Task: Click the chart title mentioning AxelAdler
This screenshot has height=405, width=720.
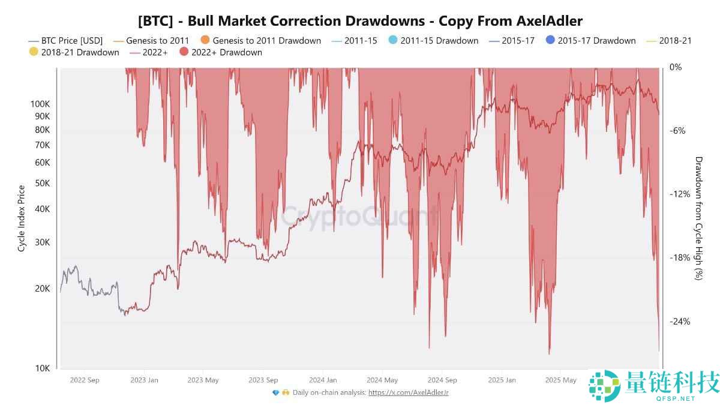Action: [360, 21]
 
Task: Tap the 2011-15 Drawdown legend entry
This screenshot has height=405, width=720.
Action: [439, 41]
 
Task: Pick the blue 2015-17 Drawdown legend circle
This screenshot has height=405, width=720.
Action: [551, 41]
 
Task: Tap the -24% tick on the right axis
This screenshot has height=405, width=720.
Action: [680, 322]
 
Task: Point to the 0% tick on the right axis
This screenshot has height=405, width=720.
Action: [676, 67]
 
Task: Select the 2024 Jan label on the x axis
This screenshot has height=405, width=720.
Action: [323, 380]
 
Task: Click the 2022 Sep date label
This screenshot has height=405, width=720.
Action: [85, 380]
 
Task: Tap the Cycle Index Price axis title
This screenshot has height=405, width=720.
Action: [22, 218]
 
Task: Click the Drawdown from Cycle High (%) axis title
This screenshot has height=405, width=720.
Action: [698, 218]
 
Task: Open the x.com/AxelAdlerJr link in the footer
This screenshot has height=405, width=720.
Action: [409, 392]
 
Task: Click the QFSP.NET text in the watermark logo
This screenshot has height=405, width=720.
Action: [676, 398]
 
